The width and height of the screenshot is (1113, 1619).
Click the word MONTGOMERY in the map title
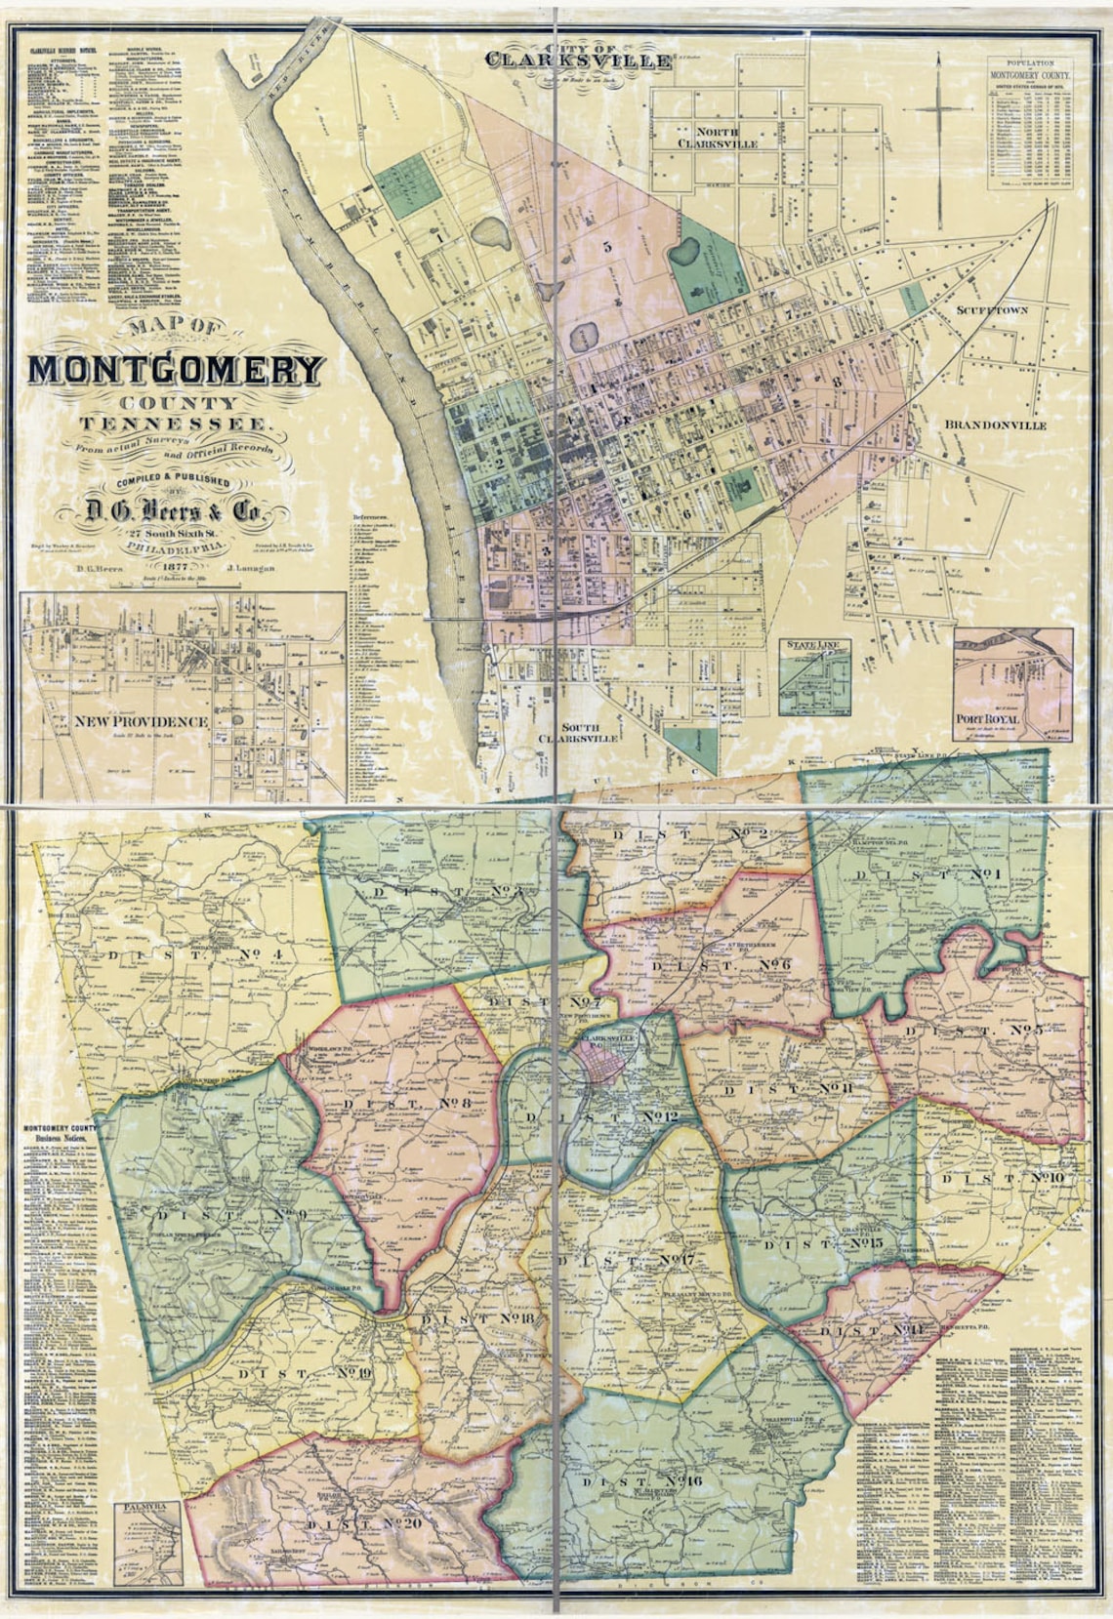click(x=176, y=370)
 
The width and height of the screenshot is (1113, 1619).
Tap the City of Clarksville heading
click(x=580, y=58)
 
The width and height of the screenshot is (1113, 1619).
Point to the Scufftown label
click(x=991, y=309)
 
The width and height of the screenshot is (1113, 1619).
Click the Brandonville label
click(x=995, y=425)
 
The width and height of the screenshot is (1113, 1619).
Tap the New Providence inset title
click(x=143, y=721)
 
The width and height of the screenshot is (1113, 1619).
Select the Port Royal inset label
click(x=987, y=719)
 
